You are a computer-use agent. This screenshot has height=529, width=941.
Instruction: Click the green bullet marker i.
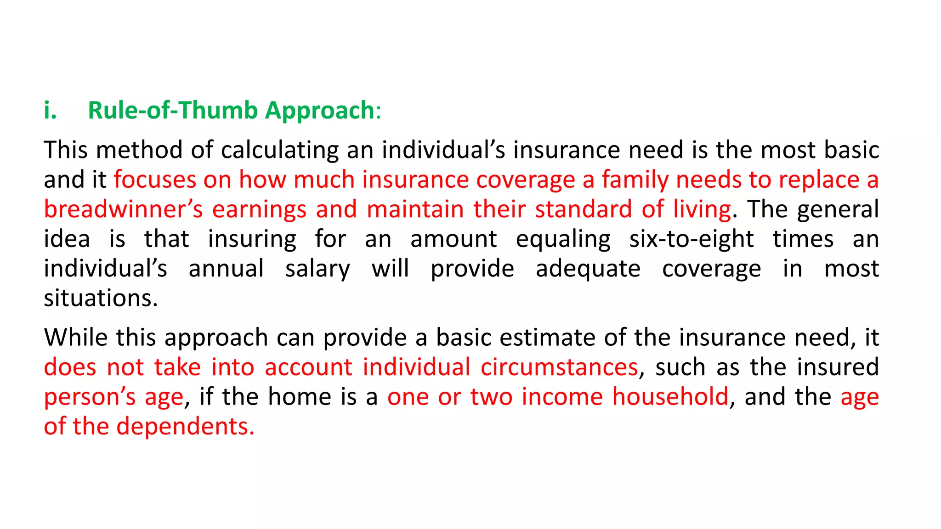pos(50,111)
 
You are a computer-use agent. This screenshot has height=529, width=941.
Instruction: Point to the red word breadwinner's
pos(123,210)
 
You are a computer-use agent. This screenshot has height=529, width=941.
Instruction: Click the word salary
pos(317,270)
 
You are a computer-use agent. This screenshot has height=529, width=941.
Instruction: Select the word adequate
pos(588,270)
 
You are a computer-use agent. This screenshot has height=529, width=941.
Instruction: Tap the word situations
pos(101,299)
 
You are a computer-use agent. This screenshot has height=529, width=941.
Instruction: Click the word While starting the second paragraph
pos(76,338)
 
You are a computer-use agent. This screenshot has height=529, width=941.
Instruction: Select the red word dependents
pos(185,427)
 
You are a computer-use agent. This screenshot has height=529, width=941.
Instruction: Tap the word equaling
pos(563,240)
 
